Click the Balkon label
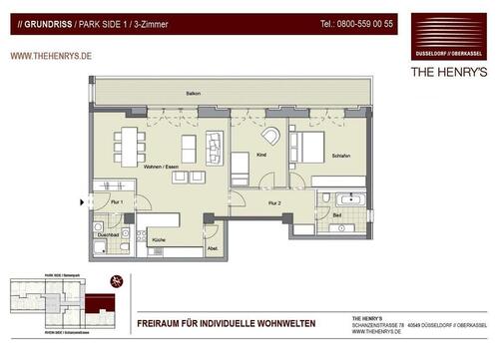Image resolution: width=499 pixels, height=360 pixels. (193, 93)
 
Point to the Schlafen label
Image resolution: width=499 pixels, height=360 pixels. (340, 158)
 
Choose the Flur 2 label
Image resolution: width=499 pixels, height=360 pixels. (274, 202)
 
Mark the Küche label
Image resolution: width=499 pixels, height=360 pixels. (158, 240)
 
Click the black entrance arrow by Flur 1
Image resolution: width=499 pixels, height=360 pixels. (84, 202)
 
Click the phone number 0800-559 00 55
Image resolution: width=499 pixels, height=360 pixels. (356, 22)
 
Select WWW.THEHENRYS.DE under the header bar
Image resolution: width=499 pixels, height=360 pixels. (52, 57)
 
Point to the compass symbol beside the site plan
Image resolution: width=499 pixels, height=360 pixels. (118, 282)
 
